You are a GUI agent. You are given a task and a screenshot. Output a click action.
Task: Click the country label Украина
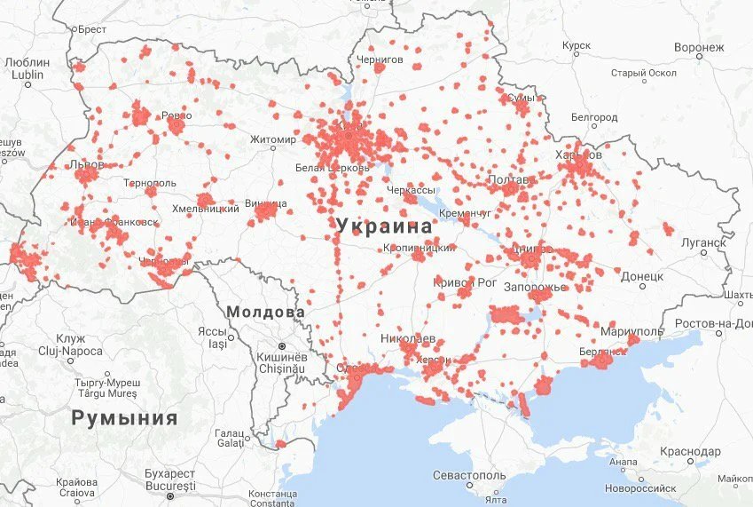[x=384, y=226]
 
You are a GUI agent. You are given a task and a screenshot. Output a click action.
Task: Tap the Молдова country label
[x=265, y=313]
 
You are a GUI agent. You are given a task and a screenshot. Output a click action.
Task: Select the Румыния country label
[x=124, y=417]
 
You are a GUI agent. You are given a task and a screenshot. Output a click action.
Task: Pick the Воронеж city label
[x=699, y=46]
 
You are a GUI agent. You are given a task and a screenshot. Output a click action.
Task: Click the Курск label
[x=577, y=44]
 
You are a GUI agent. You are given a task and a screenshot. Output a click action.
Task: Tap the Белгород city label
[x=594, y=117]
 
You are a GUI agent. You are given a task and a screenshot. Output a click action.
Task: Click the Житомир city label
[x=272, y=139]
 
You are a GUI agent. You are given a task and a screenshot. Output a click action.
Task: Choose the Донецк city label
[x=642, y=277]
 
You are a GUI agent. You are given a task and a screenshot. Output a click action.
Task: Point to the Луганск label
[x=703, y=242]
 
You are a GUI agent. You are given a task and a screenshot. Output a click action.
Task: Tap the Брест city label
[x=92, y=29]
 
